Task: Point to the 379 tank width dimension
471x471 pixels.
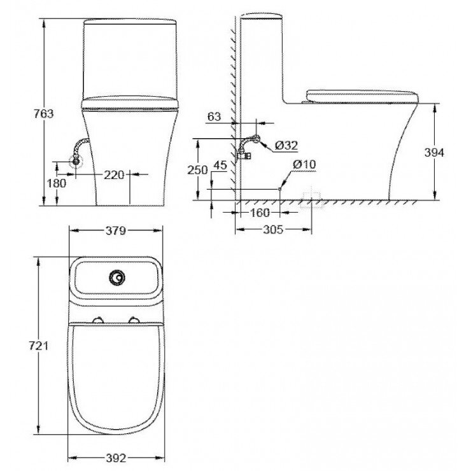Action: click(115, 230)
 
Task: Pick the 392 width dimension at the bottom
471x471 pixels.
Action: click(116, 457)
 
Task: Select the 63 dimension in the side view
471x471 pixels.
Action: click(214, 116)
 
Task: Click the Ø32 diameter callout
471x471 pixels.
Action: click(287, 146)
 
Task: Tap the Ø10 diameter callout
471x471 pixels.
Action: click(304, 164)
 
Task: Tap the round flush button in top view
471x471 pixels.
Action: click(116, 278)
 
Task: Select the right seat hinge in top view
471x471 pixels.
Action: click(134, 320)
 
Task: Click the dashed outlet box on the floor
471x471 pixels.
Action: click(312, 199)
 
